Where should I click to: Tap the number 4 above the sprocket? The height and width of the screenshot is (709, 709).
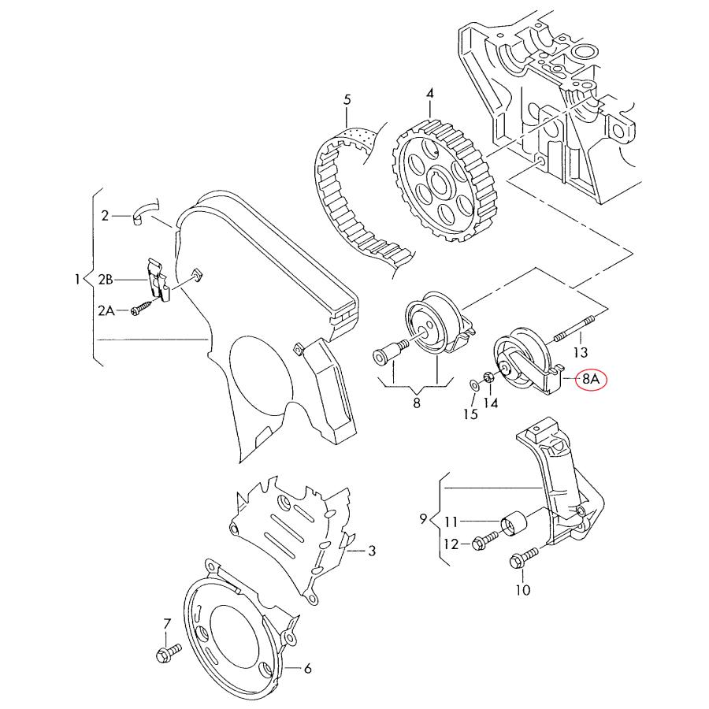pos(430,94)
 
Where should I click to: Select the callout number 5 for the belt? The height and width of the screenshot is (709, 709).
pos(346,100)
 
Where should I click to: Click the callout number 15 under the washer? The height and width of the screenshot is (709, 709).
pos(470,414)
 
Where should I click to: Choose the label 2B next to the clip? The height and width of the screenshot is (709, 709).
pos(106,280)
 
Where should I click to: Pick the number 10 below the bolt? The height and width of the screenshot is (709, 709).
pos(523,589)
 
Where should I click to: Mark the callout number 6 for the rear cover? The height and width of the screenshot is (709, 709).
pos(307,669)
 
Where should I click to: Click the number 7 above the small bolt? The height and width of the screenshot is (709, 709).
pos(166,624)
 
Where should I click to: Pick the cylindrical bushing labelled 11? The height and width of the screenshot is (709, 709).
pos(515,524)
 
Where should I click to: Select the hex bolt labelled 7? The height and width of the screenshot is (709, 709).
pos(166,652)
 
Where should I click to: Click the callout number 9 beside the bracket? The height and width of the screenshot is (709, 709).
pos(423,519)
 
